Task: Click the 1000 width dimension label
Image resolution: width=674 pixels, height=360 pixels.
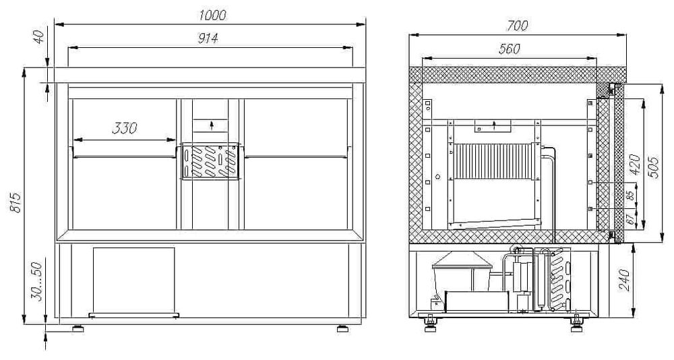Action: (212, 16)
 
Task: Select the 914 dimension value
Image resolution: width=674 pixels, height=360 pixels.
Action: (208, 38)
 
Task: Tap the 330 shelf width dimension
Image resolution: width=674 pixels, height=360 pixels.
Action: (125, 128)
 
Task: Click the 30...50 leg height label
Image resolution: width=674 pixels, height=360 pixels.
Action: (37, 282)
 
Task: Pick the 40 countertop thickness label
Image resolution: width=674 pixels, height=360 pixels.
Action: (38, 36)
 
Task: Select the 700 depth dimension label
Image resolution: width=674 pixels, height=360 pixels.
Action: (517, 26)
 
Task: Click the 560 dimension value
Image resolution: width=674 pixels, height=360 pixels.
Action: (510, 49)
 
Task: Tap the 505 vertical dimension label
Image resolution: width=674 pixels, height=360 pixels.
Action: (653, 167)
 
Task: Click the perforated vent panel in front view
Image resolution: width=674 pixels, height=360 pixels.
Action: (210, 161)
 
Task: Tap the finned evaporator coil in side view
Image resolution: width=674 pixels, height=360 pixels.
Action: (493, 162)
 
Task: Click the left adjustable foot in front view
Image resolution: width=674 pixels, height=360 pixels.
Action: (78, 328)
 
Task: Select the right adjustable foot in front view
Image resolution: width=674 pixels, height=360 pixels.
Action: (342, 328)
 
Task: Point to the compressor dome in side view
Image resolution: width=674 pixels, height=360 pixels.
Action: (462, 261)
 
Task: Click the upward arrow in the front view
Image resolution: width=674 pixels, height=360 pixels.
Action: (212, 125)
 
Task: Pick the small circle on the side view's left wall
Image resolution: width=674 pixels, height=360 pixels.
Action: (438, 176)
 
